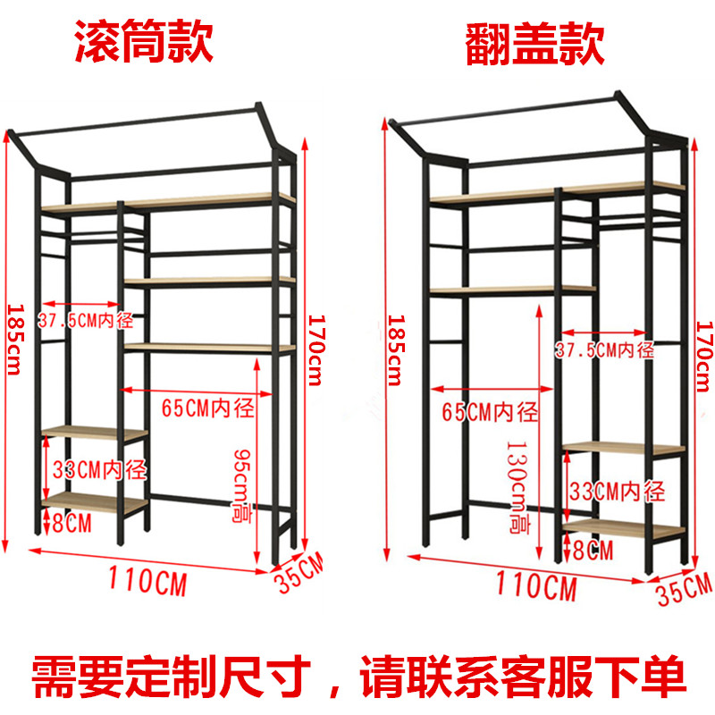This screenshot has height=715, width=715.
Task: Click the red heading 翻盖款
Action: click(534, 43)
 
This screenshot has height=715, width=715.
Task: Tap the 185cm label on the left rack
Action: click(13, 340)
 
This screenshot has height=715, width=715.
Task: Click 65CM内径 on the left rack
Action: click(207, 408)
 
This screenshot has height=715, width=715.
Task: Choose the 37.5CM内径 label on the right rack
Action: click(604, 349)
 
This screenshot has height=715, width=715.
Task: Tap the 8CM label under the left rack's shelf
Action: click(71, 524)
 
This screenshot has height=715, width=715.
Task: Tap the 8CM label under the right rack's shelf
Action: click(593, 549)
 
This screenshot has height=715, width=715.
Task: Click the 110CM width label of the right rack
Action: click(534, 587)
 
